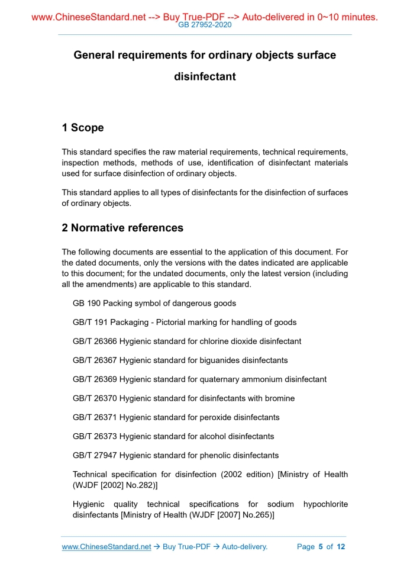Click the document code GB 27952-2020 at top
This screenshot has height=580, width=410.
click(x=205, y=25)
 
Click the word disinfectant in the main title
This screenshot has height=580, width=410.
click(x=205, y=76)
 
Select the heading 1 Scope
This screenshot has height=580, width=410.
click(x=83, y=128)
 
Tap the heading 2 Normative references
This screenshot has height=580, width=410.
click(x=122, y=228)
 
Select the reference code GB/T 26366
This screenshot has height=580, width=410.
click(x=95, y=341)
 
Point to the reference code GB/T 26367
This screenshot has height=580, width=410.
click(x=95, y=360)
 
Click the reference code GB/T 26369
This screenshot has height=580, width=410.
click(x=95, y=379)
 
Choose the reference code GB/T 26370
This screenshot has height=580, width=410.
click(x=95, y=398)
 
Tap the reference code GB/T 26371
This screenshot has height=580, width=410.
click(x=95, y=417)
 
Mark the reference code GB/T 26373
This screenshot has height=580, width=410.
click(x=95, y=436)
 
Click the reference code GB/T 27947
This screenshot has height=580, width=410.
click(x=95, y=455)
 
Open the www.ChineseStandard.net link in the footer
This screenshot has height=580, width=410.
click(x=106, y=547)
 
